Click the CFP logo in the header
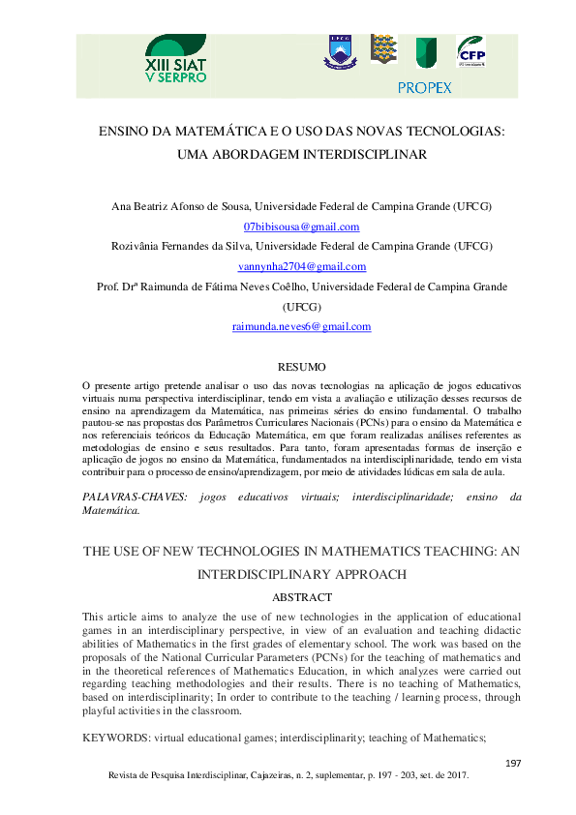[x=471, y=54]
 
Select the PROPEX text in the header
[x=424, y=88]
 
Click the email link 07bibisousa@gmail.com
[x=301, y=226]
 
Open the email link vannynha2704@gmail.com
[x=301, y=266]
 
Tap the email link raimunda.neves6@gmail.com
[x=301, y=327]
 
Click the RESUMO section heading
[x=301, y=367]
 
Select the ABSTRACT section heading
[x=302, y=597]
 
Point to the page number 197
[x=513, y=764]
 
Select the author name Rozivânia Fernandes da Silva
[x=192, y=247]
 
